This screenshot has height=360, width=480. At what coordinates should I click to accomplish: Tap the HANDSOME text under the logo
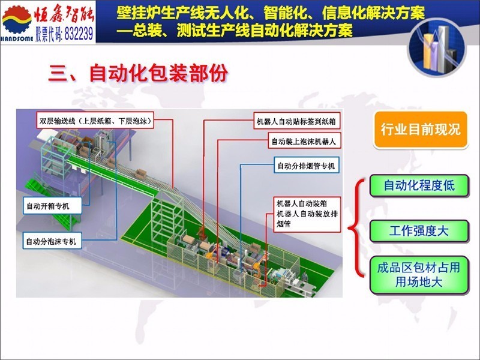(x=17, y=39)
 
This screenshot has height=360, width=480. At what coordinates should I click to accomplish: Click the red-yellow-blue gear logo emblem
(x=17, y=19)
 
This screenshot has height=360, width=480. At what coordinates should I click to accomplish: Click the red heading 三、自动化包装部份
(x=138, y=73)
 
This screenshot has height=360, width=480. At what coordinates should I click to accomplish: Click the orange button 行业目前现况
(x=421, y=130)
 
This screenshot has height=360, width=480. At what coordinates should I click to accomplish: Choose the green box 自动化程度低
(x=419, y=185)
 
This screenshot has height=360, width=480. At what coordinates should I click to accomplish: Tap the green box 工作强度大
(x=419, y=231)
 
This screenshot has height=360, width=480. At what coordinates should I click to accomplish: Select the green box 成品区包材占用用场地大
(x=419, y=275)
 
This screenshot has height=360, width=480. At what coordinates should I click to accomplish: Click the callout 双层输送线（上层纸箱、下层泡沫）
(x=95, y=121)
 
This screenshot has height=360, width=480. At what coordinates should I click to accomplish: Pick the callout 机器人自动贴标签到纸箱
(x=296, y=121)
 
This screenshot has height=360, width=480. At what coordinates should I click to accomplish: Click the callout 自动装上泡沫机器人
(x=304, y=142)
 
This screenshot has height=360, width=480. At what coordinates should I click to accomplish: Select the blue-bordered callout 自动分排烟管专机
(x=307, y=166)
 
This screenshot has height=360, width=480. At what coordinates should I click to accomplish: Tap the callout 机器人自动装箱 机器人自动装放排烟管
(x=307, y=214)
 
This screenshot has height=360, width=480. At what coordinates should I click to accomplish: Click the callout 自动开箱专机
(x=52, y=206)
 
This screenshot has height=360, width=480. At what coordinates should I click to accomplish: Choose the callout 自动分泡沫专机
(x=52, y=241)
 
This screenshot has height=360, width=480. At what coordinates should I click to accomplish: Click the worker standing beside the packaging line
(x=305, y=278)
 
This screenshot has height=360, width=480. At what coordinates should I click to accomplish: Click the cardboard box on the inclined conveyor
(x=141, y=175)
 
